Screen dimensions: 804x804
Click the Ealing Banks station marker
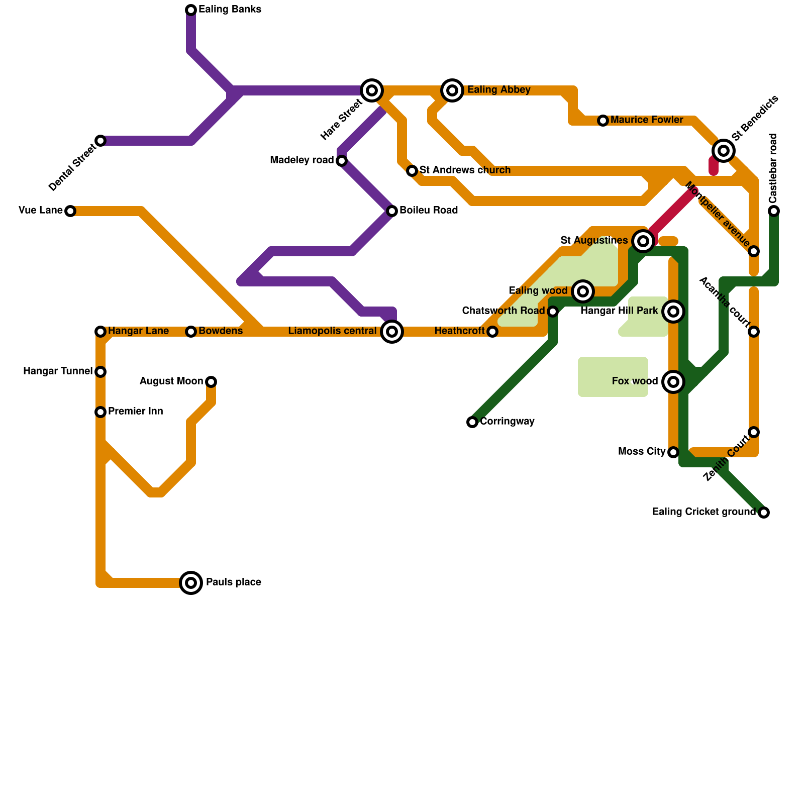(x=191, y=10)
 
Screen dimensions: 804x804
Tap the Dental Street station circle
(x=100, y=141)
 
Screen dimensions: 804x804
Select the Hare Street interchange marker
(x=372, y=90)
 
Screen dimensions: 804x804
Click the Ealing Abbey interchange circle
(x=452, y=90)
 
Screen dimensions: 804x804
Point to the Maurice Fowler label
(x=647, y=120)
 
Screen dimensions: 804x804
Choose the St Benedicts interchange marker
(x=724, y=150)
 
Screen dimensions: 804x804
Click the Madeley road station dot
(x=342, y=161)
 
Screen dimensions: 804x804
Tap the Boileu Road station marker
(x=392, y=211)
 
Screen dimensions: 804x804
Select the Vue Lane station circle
(x=70, y=211)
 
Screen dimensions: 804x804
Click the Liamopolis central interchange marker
(x=392, y=332)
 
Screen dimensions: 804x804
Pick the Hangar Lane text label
(x=138, y=331)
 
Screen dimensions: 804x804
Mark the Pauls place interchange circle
(x=191, y=583)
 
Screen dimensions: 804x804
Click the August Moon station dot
(x=211, y=382)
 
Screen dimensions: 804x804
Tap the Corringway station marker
(x=472, y=422)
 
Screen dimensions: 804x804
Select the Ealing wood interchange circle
(x=583, y=291)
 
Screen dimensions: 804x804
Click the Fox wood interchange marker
(x=673, y=382)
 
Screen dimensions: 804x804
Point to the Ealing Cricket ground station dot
(x=764, y=513)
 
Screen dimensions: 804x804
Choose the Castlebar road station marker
(x=774, y=211)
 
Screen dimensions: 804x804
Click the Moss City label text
(x=642, y=452)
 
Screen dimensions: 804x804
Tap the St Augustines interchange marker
(x=643, y=241)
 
